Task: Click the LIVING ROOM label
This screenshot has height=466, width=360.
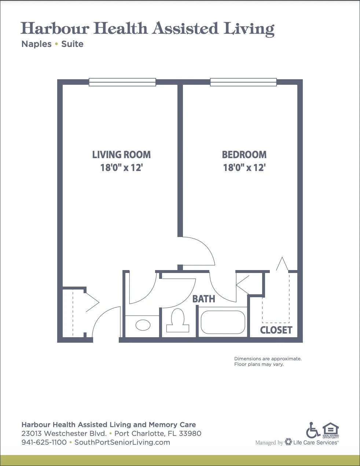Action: point(121,155)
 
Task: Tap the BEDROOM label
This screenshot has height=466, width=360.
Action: point(244,155)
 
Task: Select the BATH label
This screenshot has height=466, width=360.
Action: point(204,299)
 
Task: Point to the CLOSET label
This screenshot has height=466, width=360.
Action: point(276,330)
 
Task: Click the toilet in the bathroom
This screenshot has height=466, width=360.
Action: point(178,320)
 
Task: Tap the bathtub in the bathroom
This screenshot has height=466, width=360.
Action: point(223,322)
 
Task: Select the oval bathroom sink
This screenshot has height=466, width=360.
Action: point(143,325)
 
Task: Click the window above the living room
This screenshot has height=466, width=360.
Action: point(122,82)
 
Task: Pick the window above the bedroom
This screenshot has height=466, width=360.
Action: point(243,82)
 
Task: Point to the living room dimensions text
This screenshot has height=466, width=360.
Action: point(122,168)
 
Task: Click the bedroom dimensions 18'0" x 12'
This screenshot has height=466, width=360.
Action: point(245,168)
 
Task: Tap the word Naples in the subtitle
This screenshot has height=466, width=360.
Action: point(36,44)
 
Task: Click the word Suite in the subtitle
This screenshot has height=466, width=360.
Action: point(72,44)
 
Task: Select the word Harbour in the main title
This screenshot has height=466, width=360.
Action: point(55,28)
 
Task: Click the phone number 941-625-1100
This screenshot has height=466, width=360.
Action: point(44,442)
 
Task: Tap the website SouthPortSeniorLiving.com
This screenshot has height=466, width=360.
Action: point(122,443)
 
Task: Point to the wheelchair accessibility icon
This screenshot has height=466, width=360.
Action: point(313,430)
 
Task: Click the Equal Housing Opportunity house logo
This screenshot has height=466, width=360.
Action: point(330,430)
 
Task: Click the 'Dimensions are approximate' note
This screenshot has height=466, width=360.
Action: point(268,359)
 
